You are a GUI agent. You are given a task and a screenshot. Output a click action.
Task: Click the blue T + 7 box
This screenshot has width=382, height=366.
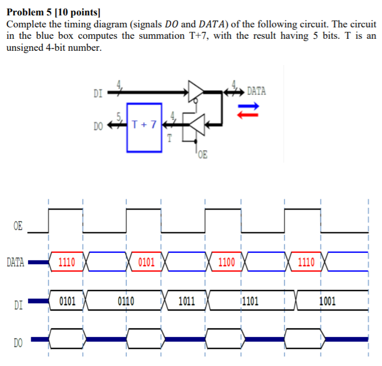click(144, 127)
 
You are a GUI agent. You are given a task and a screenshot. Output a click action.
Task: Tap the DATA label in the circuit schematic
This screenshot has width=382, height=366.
click(257, 91)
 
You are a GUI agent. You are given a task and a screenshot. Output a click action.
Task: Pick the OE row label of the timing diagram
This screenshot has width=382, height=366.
click(17, 227)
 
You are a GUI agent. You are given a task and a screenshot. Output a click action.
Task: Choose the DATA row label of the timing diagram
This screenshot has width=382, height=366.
click(15, 263)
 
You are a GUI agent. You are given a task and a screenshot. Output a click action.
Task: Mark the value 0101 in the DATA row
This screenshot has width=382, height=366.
click(146, 263)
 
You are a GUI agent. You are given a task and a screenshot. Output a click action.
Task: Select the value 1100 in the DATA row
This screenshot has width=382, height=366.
click(226, 263)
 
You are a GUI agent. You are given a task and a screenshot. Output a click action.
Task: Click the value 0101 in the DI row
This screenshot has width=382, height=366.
click(67, 301)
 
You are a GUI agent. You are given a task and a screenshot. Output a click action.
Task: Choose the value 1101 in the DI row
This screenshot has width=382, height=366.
click(251, 301)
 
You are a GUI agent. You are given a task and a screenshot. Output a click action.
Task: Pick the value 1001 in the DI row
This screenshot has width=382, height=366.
click(327, 301)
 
